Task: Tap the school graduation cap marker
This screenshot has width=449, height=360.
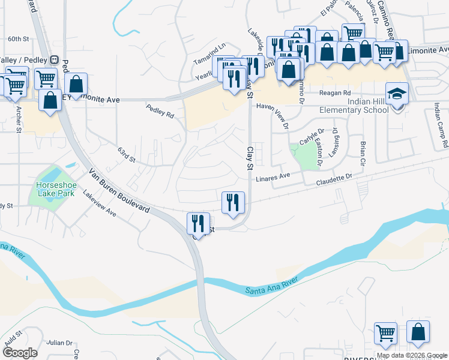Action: coord(397,94)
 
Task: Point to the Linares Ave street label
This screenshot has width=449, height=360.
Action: coord(273,178)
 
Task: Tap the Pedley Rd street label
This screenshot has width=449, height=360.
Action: coord(160,110)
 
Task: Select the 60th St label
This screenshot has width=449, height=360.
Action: coord(18,39)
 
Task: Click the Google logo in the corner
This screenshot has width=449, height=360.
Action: coord(20,353)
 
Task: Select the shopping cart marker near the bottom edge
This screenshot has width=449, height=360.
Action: coord(385,333)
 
